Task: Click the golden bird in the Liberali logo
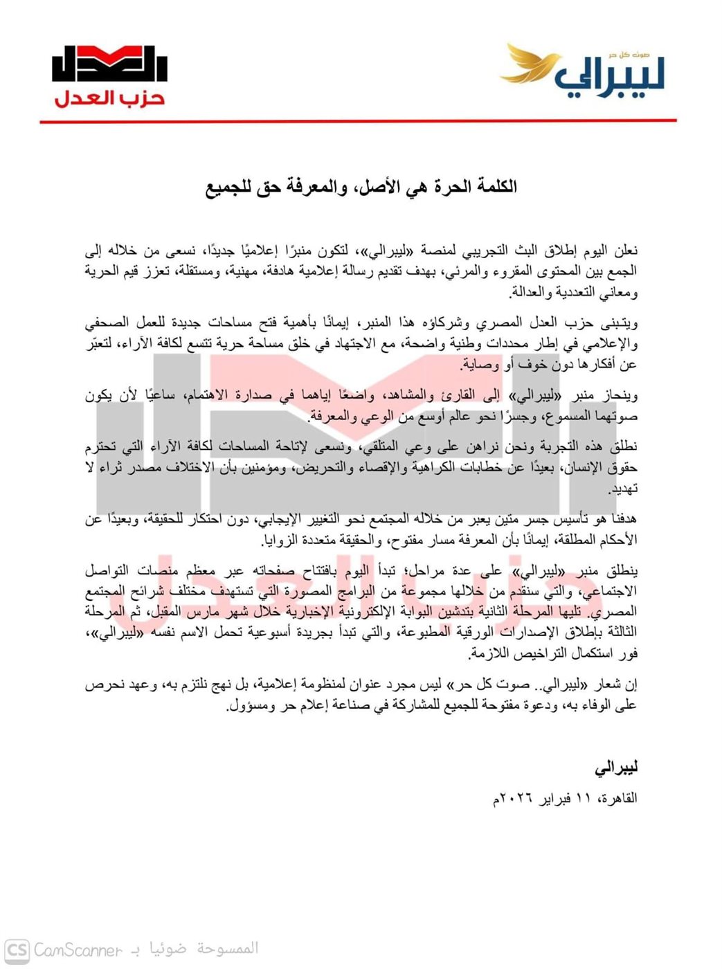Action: point(530,65)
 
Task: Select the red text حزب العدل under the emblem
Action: point(109,98)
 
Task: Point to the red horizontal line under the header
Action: point(358,121)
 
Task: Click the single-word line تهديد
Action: point(622,489)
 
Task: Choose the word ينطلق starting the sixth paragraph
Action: point(621,572)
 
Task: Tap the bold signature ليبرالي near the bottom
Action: point(615,768)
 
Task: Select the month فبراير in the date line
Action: point(554,799)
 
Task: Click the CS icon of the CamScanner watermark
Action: point(17,950)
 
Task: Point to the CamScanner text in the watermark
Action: point(78,950)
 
